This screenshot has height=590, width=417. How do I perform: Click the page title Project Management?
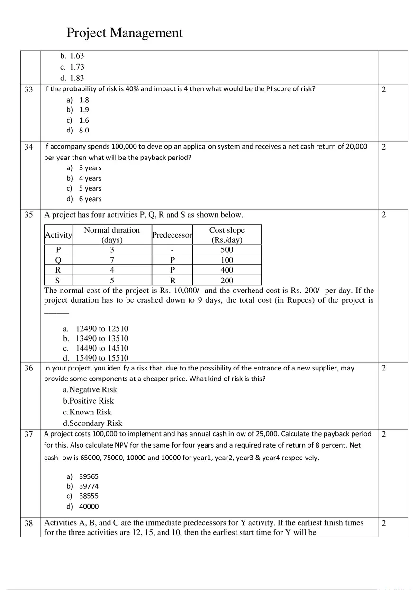(x=124, y=33)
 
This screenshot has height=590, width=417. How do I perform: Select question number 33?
(x=29, y=89)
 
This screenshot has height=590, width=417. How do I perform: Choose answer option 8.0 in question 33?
(x=83, y=130)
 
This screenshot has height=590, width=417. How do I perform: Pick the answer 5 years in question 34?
(x=90, y=188)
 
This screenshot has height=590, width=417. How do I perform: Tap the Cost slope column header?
(x=227, y=235)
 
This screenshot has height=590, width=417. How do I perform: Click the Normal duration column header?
(x=112, y=235)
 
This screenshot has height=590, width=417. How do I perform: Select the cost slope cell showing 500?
(x=227, y=250)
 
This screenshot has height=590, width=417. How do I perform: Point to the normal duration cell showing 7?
(x=112, y=260)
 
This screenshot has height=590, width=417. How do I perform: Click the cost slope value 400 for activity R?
(x=227, y=270)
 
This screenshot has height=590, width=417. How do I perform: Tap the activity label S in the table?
(x=58, y=281)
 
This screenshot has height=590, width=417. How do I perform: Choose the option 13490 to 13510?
(x=101, y=338)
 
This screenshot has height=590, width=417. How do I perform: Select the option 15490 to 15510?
(x=101, y=358)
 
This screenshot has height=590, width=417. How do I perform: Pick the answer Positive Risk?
(x=91, y=401)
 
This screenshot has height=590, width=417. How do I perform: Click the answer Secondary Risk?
(x=95, y=423)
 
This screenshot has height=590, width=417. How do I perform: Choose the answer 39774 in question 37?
(x=89, y=486)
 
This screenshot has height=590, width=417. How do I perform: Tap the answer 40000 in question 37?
(x=89, y=506)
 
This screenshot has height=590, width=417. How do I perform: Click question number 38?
(x=29, y=523)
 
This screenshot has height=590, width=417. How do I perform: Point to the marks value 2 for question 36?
(x=384, y=368)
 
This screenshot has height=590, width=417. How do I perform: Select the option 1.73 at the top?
(x=76, y=67)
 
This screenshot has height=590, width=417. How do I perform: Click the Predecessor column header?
(x=172, y=235)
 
